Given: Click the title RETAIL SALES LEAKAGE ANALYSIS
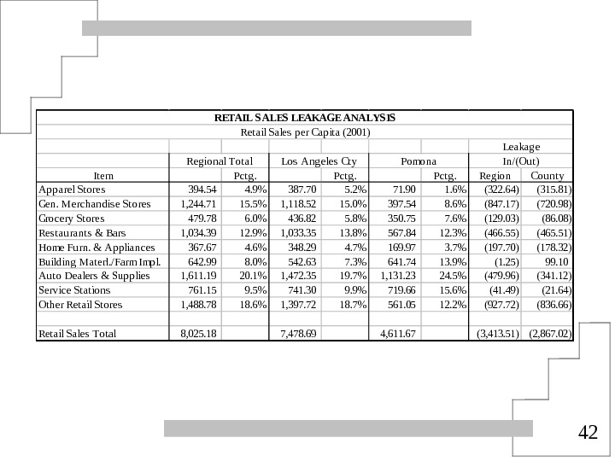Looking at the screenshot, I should point(305,117).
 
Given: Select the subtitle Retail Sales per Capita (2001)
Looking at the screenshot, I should point(305,131).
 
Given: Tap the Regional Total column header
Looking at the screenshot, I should point(220,160).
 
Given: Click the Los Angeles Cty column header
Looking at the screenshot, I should point(319,160).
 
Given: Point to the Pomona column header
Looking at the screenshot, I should point(419,160).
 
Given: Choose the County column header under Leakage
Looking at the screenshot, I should point(547,175).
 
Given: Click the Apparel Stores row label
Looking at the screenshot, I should point(73,190).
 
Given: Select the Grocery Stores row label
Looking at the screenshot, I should point(72,219).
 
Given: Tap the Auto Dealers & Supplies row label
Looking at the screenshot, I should point(95,276).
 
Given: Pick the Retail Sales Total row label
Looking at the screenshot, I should point(78,333).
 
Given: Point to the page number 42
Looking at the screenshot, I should point(588,433).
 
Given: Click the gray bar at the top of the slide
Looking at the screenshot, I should point(277,28).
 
